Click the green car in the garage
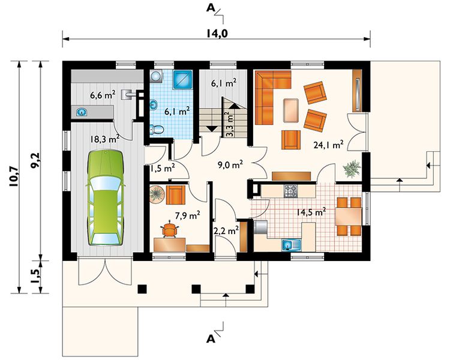point(106,198)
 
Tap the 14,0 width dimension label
point(217,34)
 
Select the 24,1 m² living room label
point(328,145)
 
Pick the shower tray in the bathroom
point(182,80)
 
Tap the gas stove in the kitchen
point(291,191)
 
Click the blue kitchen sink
point(291,245)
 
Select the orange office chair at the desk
point(170,229)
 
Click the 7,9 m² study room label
point(187,215)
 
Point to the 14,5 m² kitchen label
point(311,212)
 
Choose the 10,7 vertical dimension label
point(14,177)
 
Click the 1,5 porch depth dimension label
point(35,277)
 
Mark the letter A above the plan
point(211,8)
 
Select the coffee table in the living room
point(291,110)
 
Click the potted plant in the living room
point(352,169)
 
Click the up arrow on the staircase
point(235,106)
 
